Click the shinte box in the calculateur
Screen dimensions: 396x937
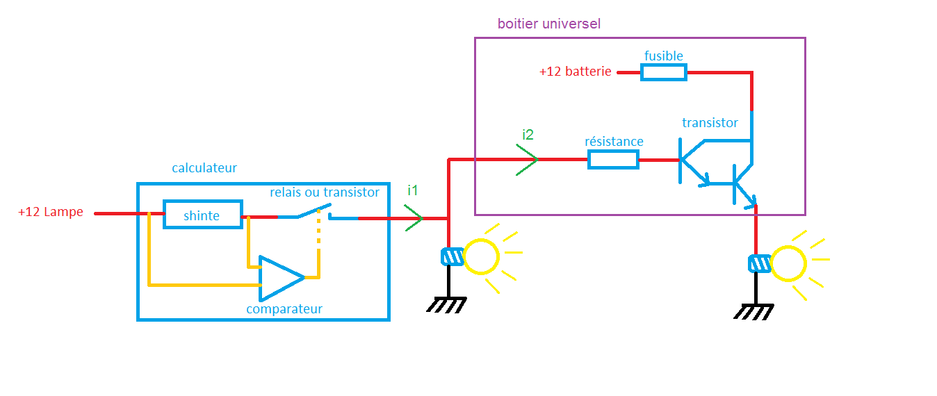pyautogui.click(x=203, y=215)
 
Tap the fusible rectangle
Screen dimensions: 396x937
pyautogui.click(x=664, y=72)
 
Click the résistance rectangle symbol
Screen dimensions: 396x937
pyautogui.click(x=613, y=160)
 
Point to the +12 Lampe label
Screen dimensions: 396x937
pyautogui.click(x=51, y=213)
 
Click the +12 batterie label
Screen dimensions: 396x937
pyautogui.click(x=575, y=72)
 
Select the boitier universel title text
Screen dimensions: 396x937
pyautogui.click(x=548, y=24)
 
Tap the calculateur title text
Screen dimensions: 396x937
pyautogui.click(x=204, y=168)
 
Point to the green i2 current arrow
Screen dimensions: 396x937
pyautogui.click(x=527, y=160)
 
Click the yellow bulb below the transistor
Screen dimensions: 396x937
pyautogui.click(x=788, y=264)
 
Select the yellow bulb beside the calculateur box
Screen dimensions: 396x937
pyautogui.click(x=481, y=256)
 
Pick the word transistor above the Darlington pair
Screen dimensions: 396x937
pyautogui.click(x=710, y=123)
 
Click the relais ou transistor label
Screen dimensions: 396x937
pyautogui.click(x=325, y=192)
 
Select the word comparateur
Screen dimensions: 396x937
pyautogui.click(x=284, y=309)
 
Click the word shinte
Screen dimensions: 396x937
pyautogui.click(x=202, y=216)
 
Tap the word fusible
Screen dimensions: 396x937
pyautogui.click(x=664, y=56)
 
